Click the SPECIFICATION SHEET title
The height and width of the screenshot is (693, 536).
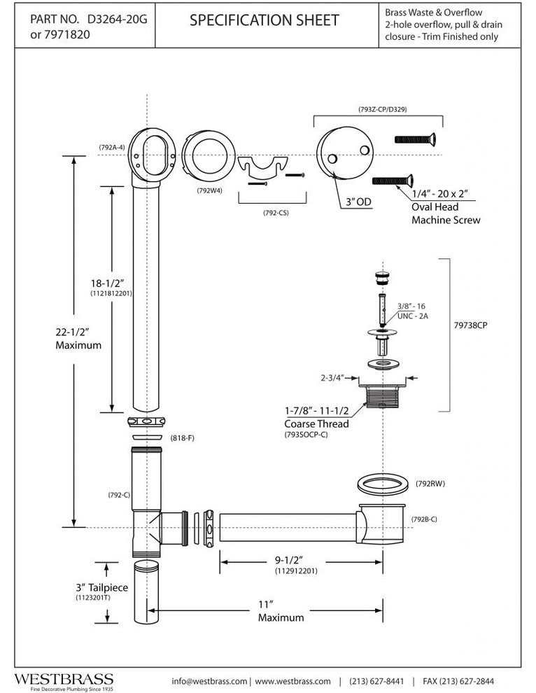(265, 22)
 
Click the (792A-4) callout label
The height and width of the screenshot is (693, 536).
(112, 147)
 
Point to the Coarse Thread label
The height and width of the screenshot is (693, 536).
(316, 423)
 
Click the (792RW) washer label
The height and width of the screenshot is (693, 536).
(435, 483)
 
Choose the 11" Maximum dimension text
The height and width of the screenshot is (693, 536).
(281, 611)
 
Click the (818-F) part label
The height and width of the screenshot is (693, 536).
(182, 438)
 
